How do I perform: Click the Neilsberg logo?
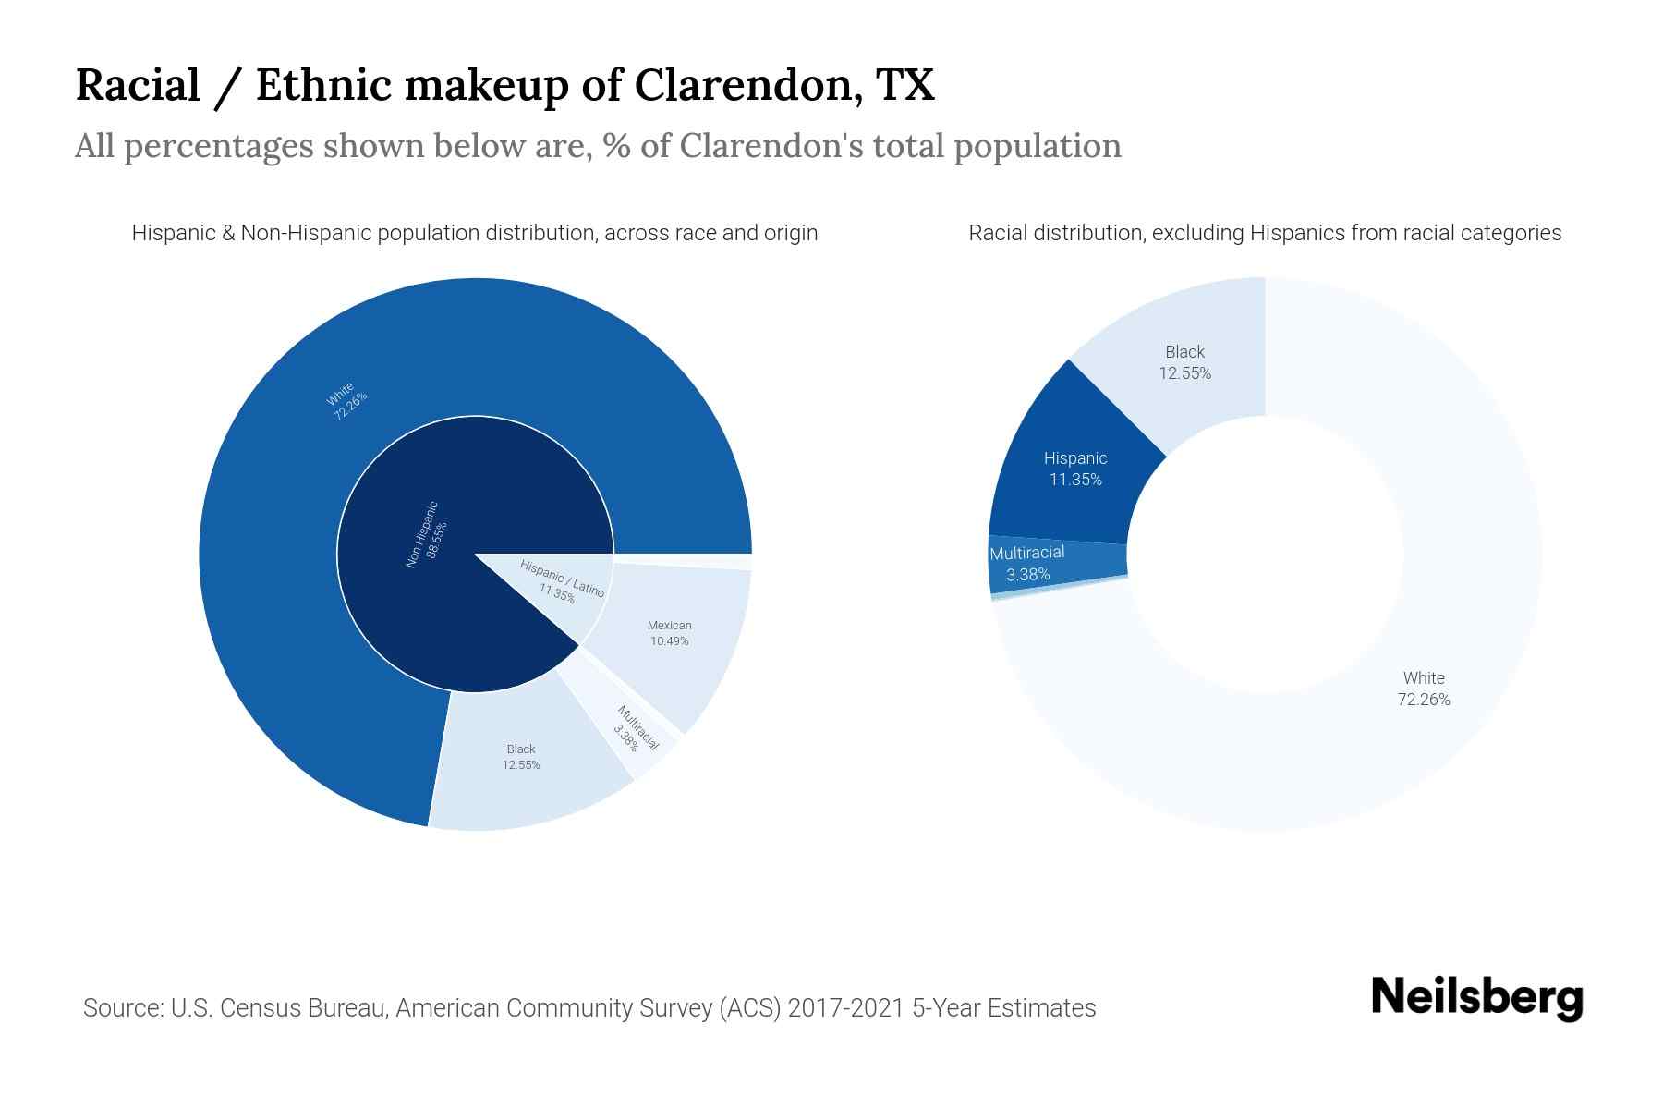tap(1476, 998)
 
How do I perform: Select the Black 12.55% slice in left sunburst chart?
tap(522, 758)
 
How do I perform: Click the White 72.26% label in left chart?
tap(346, 400)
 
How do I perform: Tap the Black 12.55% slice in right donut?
tap(1184, 362)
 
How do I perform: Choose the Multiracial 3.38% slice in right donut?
tap(1027, 564)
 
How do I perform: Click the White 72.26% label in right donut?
tap(1423, 689)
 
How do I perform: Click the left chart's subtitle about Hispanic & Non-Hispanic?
tap(474, 233)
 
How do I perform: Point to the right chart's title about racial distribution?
tap(1264, 233)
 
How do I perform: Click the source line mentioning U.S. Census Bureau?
tap(589, 1007)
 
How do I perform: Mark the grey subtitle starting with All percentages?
tap(598, 146)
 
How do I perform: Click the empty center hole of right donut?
tap(1265, 554)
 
